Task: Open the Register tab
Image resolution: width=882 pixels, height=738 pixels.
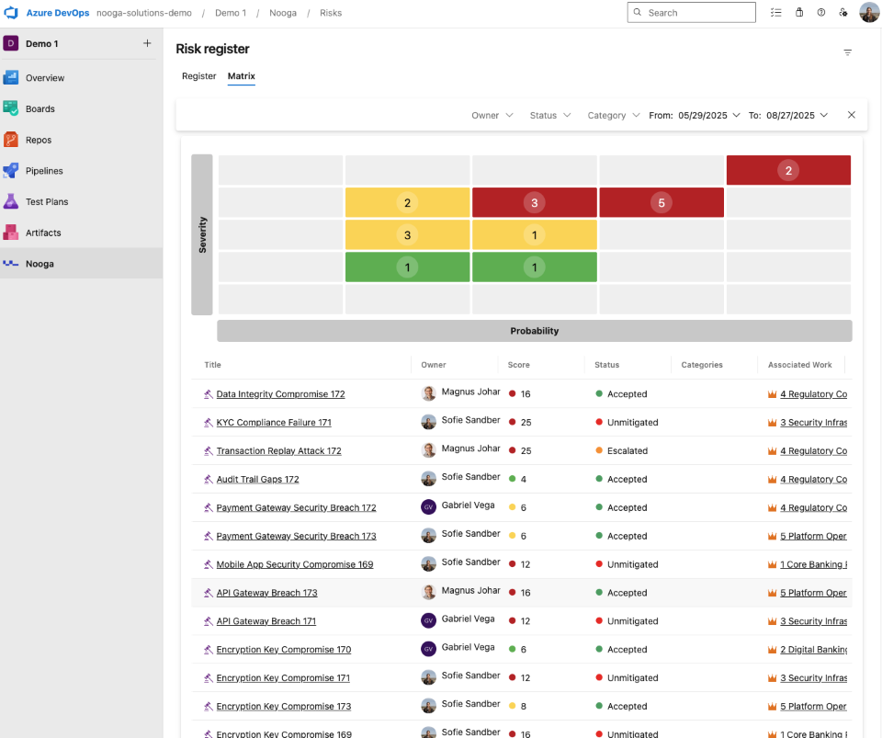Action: click(x=198, y=76)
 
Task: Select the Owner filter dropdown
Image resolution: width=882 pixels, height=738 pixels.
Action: click(x=492, y=116)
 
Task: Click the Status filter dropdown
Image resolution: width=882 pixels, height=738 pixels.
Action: click(x=549, y=116)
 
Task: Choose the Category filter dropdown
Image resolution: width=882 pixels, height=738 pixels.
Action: click(x=613, y=116)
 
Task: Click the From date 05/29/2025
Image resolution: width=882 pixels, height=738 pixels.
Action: click(x=703, y=116)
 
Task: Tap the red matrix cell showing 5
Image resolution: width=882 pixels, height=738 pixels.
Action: click(x=661, y=202)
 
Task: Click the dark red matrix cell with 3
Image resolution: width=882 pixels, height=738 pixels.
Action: click(x=534, y=202)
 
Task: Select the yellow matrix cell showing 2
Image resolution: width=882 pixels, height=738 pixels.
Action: click(x=407, y=202)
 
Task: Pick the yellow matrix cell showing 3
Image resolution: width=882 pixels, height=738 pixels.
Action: click(x=407, y=235)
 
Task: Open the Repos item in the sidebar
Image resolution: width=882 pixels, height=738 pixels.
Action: click(x=39, y=140)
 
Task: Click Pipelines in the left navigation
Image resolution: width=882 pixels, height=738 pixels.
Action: click(x=44, y=171)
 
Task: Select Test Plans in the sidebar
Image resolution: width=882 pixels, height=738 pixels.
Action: click(x=47, y=201)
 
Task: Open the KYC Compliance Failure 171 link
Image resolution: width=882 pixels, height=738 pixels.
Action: click(x=274, y=423)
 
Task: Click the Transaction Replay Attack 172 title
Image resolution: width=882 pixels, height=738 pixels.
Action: click(x=278, y=451)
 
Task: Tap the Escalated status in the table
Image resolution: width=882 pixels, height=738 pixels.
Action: click(x=627, y=451)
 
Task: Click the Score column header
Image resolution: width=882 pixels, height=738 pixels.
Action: click(x=519, y=365)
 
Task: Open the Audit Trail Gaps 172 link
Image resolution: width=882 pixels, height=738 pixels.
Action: click(x=257, y=480)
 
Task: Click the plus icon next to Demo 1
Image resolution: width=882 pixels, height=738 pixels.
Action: click(x=147, y=43)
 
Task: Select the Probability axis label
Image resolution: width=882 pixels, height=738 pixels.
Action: click(x=534, y=331)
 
